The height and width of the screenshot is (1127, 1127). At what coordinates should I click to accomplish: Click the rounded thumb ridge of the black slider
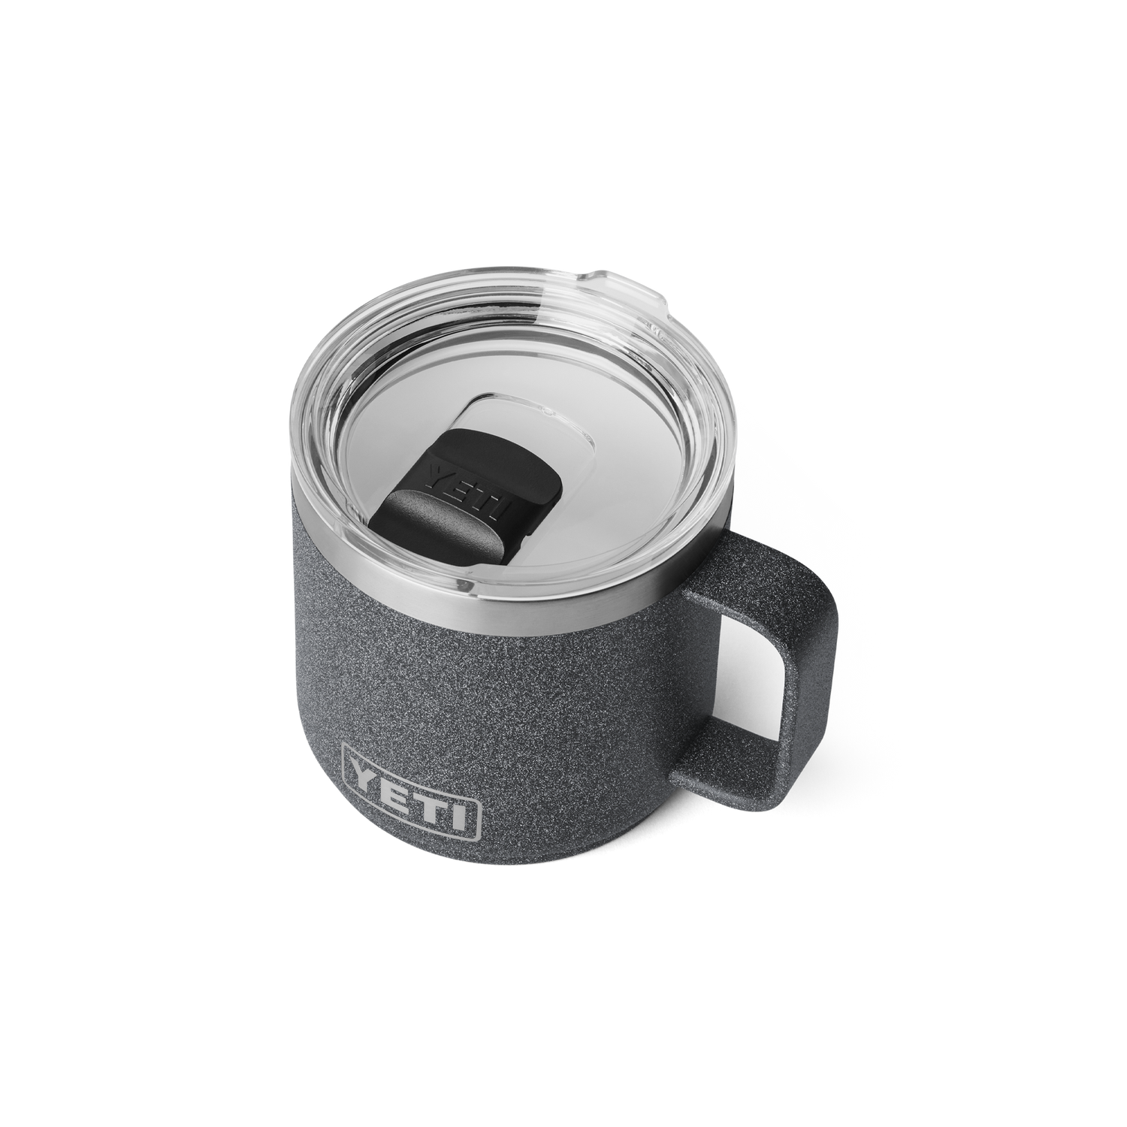[x=443, y=526]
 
